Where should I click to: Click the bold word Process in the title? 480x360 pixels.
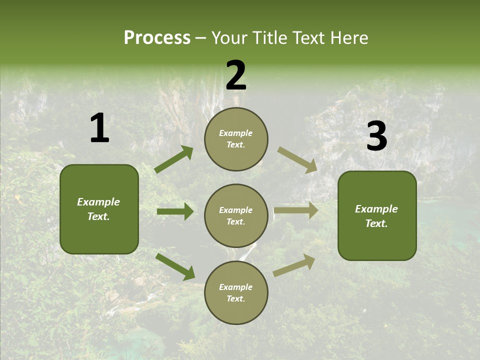coord(157,38)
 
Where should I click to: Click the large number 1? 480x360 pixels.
coord(99,128)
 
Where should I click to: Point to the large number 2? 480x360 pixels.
coord(236,75)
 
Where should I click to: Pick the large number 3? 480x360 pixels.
coord(376,136)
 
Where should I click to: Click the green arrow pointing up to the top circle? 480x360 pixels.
coord(174,159)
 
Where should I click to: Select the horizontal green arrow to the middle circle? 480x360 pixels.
coord(175,211)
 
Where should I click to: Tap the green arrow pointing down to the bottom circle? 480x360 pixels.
coord(175,266)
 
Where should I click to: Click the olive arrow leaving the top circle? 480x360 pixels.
coord(297,160)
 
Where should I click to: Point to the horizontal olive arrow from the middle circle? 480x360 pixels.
coord(296,210)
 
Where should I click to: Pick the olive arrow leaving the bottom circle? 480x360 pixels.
coord(294,265)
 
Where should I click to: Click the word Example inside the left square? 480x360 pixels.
coord(98,202)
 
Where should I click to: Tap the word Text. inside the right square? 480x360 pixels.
coord(376,223)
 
